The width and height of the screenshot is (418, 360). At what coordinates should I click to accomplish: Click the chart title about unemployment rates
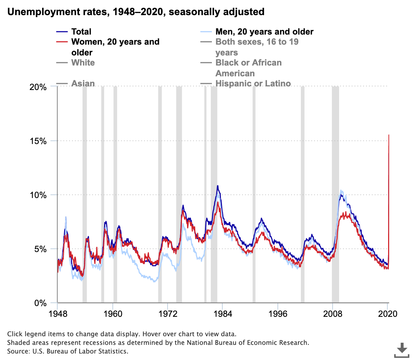(x=136, y=12)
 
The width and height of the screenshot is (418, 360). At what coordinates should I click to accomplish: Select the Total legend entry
(x=81, y=32)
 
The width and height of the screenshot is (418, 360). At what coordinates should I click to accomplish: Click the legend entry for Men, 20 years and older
(x=264, y=32)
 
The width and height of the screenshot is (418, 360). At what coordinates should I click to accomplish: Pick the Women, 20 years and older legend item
(x=115, y=42)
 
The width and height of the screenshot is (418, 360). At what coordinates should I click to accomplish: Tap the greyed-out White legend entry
(x=83, y=63)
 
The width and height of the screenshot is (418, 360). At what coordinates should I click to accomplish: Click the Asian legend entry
(x=83, y=84)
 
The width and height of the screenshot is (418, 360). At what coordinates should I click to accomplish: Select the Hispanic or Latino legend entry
(x=253, y=84)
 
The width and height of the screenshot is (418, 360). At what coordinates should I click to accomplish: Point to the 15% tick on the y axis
(x=38, y=141)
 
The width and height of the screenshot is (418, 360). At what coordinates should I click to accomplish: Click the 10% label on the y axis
(x=38, y=195)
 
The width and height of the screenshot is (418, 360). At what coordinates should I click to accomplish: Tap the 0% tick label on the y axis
(x=40, y=303)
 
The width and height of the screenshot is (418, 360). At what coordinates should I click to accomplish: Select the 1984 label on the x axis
(x=223, y=313)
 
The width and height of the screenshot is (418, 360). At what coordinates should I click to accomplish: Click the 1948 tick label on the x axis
(x=58, y=313)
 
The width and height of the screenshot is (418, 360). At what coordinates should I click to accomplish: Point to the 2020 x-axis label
(x=387, y=313)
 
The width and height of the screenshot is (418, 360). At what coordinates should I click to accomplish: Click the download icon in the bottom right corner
(x=402, y=350)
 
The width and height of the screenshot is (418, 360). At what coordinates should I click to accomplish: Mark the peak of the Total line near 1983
(x=217, y=186)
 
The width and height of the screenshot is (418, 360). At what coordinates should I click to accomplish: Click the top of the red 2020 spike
(x=388, y=135)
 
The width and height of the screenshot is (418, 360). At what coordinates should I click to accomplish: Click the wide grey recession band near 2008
(x=335, y=194)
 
